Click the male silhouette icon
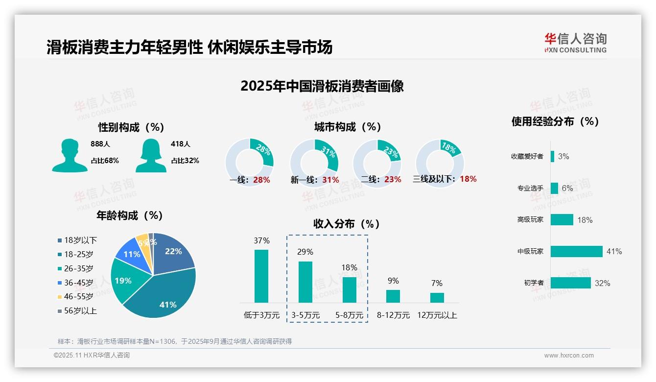(x=70, y=155)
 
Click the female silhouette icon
(x=151, y=155)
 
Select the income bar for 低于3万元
(x=261, y=276)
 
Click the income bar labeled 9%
(x=393, y=296)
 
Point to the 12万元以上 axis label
(x=437, y=315)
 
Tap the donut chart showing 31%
(x=314, y=163)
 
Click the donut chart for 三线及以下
(x=440, y=163)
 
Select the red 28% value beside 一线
(x=261, y=180)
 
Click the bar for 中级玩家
(x=576, y=251)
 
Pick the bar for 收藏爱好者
(x=552, y=156)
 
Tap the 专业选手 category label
(x=530, y=188)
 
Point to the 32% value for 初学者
(x=602, y=283)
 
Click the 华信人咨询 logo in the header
(x=575, y=43)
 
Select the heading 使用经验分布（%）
(x=555, y=121)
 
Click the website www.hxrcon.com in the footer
(x=569, y=356)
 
